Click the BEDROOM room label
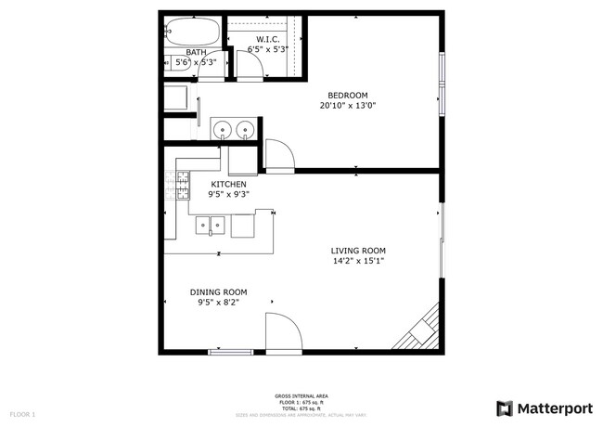[348, 95]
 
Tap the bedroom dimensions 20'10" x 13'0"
[348, 106]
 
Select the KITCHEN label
[227, 185]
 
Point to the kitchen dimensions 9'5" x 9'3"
[227, 195]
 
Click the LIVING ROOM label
[358, 251]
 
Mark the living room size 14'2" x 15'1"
[358, 262]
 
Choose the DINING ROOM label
[220, 291]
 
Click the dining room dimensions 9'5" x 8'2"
[220, 303]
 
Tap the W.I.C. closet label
[268, 39]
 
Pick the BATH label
[196, 52]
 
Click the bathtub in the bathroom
[195, 31]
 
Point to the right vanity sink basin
[246, 129]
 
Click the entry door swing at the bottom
[281, 331]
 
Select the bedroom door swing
[279, 155]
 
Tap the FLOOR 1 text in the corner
[22, 412]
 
